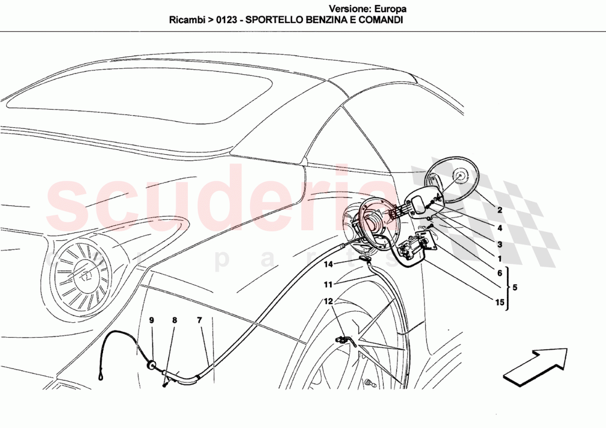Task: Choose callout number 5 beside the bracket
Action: pyautogui.click(x=515, y=288)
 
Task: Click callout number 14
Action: pyautogui.click(x=328, y=264)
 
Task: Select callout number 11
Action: pyautogui.click(x=328, y=285)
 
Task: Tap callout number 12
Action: pyautogui.click(x=328, y=301)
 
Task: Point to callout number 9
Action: pyautogui.click(x=151, y=320)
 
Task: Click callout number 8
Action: pyautogui.click(x=175, y=320)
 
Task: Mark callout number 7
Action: pyautogui.click(x=199, y=320)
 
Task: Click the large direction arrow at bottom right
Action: pyautogui.click(x=535, y=365)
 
